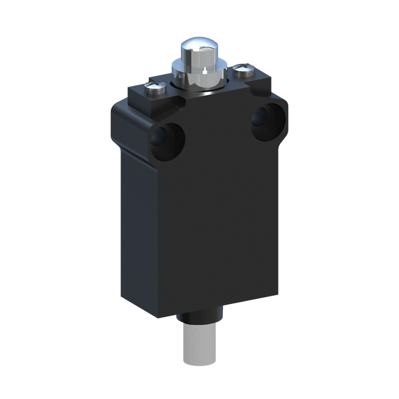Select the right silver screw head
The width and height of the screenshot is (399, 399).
[x=244, y=69]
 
